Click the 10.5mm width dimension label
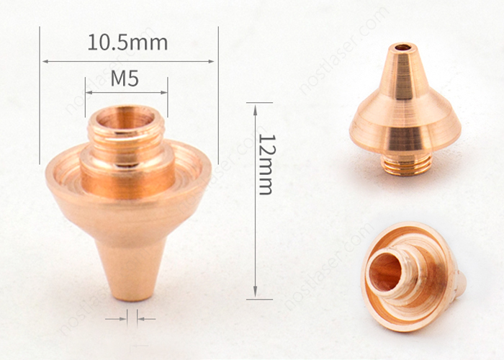tap(127, 42)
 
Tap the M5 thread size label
tap(125, 78)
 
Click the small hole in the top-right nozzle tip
tap(402, 48)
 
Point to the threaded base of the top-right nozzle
tap(407, 165)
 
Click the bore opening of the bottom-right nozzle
tap(385, 270)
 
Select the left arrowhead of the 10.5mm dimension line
tap(45, 61)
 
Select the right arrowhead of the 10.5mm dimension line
tap(211, 61)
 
